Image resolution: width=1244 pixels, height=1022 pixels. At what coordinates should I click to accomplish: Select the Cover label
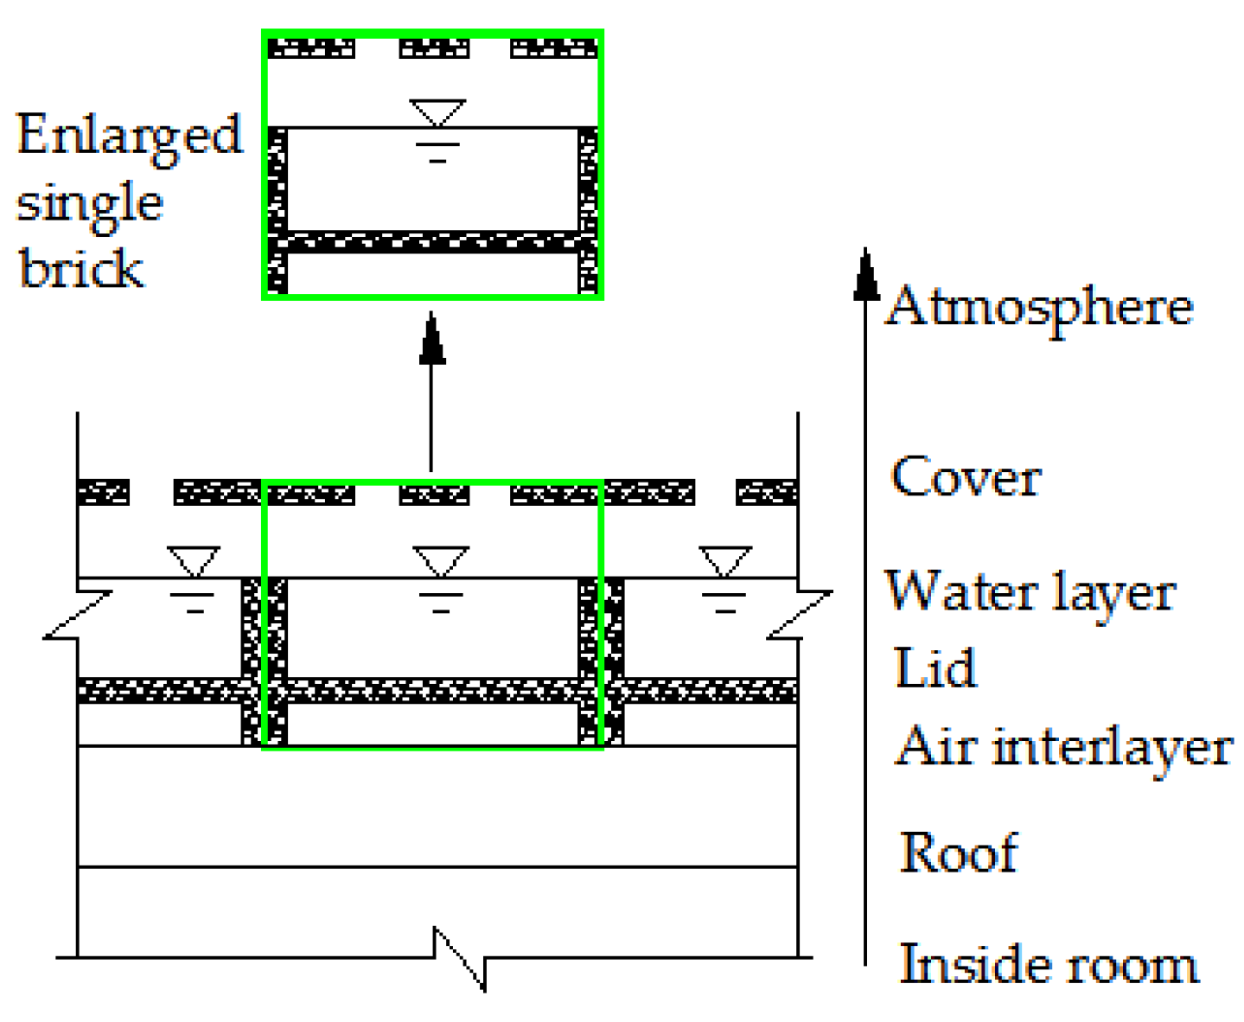[966, 477]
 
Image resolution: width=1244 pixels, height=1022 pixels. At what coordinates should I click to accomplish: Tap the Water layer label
[1030, 594]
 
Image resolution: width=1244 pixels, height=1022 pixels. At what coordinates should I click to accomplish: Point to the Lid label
[935, 668]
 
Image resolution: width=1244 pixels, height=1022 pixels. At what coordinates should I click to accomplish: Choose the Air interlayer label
[1064, 747]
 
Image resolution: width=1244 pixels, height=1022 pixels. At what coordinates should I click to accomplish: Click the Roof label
[958, 853]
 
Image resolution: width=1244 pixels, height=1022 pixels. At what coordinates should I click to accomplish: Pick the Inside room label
[1049, 964]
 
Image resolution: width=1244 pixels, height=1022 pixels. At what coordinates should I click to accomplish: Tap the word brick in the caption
[80, 268]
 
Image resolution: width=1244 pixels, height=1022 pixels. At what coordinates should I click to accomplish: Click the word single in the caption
[89, 205]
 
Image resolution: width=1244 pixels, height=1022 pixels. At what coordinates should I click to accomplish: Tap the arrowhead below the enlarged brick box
[432, 339]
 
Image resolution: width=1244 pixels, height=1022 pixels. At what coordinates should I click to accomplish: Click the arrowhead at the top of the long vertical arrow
[866, 275]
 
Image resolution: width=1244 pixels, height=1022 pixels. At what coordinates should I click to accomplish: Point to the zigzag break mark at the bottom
[460, 958]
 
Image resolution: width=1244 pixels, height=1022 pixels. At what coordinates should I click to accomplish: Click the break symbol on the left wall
[78, 616]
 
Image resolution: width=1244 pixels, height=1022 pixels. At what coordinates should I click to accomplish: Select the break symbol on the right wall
[800, 616]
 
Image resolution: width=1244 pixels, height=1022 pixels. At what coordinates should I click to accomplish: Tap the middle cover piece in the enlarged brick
[434, 48]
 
